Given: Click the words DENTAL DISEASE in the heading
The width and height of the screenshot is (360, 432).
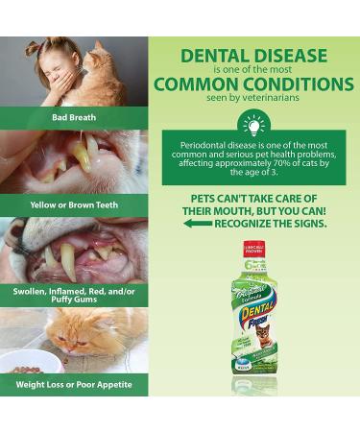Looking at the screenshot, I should [253, 56].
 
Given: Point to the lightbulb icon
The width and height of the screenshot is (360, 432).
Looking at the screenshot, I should [253, 126].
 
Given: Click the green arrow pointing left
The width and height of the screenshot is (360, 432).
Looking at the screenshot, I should [198, 223].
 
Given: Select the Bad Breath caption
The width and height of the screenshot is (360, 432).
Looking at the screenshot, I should [75, 117].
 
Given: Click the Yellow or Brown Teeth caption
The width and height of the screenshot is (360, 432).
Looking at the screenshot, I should [75, 204].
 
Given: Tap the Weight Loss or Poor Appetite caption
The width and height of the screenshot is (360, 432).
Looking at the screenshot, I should [75, 384].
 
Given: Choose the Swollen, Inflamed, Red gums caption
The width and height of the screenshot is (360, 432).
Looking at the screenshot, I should [75, 294].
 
